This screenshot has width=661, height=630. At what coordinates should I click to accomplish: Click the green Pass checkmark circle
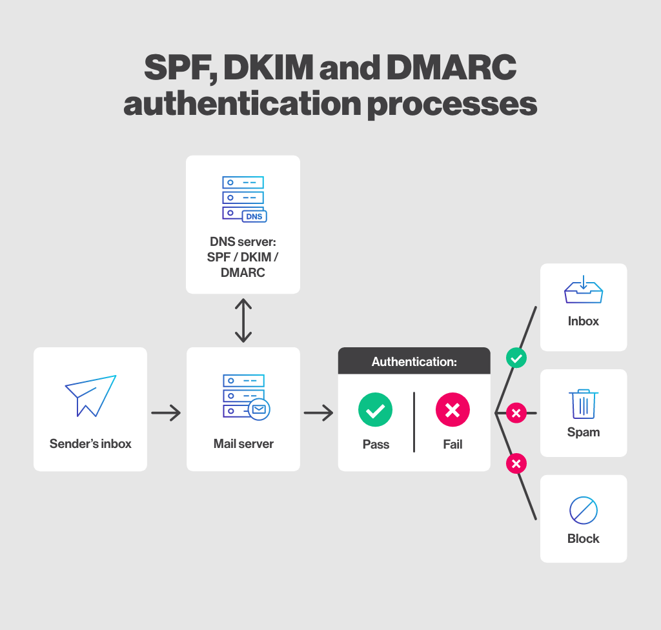point(375,410)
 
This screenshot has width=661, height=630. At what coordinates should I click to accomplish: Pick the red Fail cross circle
point(453,410)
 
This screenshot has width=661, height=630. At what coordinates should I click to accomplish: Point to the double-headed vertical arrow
point(243,320)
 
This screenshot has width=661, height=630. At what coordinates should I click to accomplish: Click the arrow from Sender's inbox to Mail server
point(166,412)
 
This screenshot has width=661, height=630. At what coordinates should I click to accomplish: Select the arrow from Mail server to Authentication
point(318,412)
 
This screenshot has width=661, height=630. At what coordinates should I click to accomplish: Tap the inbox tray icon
point(583,290)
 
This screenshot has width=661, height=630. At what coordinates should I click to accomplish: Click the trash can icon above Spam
point(583,403)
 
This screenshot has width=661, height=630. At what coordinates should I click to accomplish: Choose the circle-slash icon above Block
point(583,511)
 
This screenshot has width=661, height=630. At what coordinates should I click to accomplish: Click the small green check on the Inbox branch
point(516,358)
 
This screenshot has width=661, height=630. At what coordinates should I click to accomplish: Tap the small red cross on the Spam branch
point(516,412)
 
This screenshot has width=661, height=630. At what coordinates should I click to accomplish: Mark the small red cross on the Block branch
point(516,463)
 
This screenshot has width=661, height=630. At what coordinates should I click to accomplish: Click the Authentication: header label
point(414,361)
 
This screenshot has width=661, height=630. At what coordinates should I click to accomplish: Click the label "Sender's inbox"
point(90,444)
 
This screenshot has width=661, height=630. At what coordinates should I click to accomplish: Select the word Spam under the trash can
point(583,432)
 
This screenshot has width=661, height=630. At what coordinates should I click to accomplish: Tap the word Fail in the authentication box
point(453,445)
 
